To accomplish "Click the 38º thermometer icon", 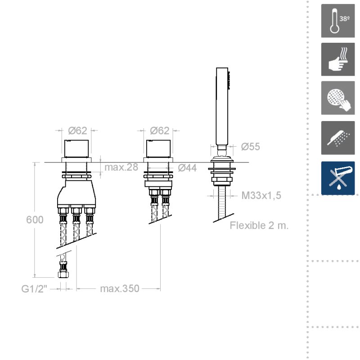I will (x=338, y=21).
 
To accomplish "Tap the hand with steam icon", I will (x=338, y=59).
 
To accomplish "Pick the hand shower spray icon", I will (x=338, y=138).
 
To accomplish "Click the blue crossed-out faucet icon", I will (x=338, y=178).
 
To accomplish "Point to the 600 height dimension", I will (x=35, y=220).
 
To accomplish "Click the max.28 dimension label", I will (x=121, y=167).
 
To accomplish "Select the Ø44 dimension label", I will (x=187, y=168).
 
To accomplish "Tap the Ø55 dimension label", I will (x=250, y=147).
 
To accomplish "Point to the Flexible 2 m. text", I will (x=259, y=225).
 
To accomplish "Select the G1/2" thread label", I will (x=35, y=288).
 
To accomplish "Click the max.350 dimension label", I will (x=119, y=288).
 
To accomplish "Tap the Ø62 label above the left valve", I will (x=77, y=130).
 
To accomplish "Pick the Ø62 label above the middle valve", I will (x=160, y=130).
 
